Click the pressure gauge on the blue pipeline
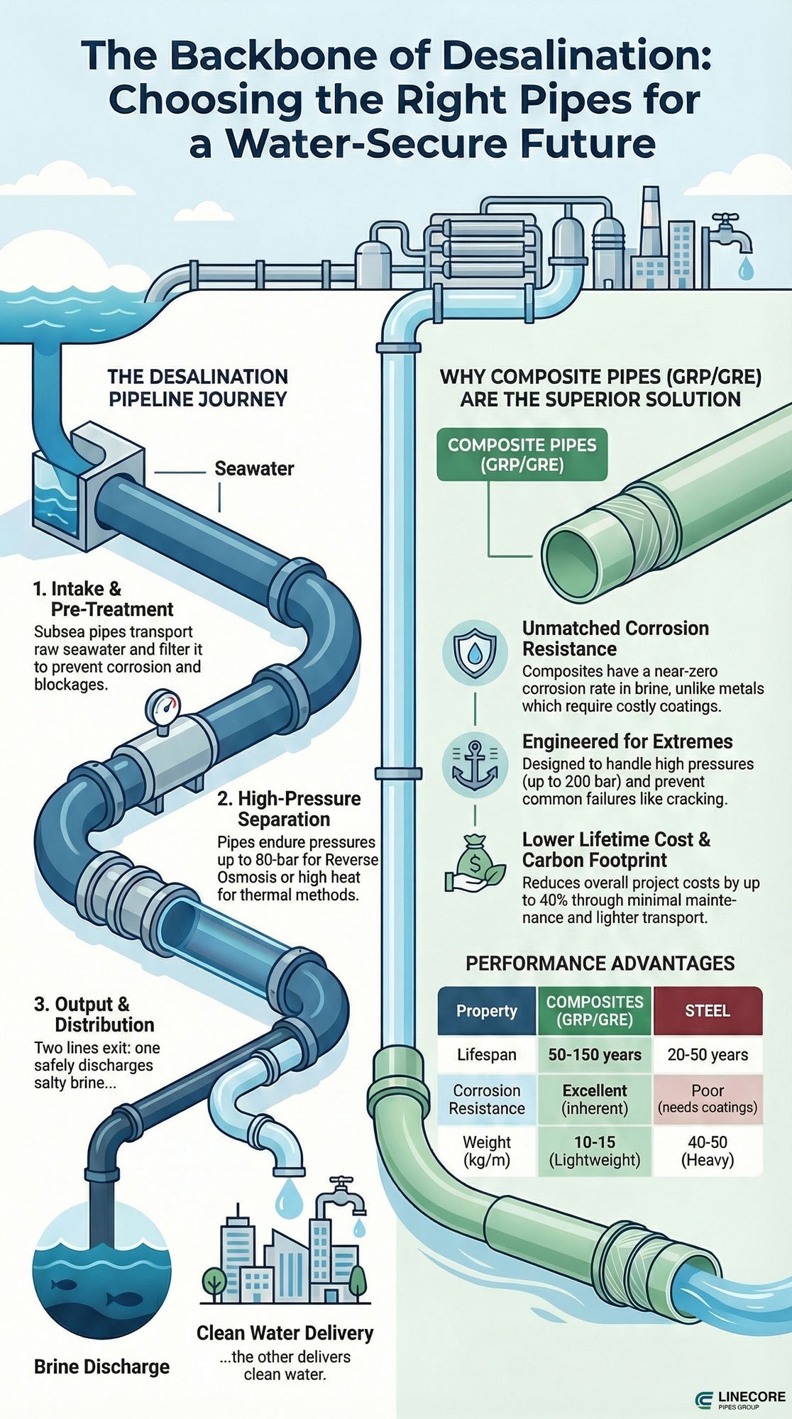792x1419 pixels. tap(163, 708)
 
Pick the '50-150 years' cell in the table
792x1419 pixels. tap(595, 1055)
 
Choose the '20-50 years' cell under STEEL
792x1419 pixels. tap(708, 1055)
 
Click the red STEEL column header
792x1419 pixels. tap(708, 1010)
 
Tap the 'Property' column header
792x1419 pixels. tap(487, 1010)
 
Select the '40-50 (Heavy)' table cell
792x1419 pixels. tap(708, 1151)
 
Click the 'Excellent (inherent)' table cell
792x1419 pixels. tap(595, 1099)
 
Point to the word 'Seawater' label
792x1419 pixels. tap(254, 468)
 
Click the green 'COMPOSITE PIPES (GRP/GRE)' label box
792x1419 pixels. tap(522, 455)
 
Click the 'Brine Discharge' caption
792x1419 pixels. tap(101, 1367)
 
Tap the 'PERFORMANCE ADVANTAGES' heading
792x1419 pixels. tap(600, 963)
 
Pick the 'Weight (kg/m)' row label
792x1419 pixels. tap(487, 1151)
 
